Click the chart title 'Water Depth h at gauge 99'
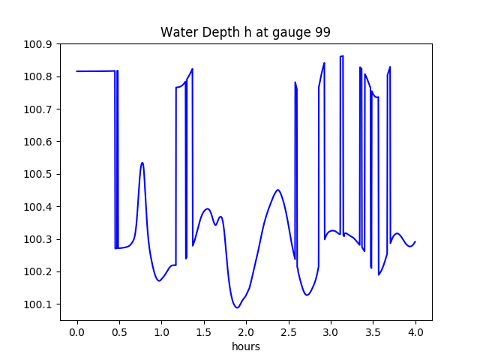pyautogui.click(x=245, y=33)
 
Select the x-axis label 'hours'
pyautogui.click(x=246, y=347)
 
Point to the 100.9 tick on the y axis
pyautogui.click(x=38, y=44)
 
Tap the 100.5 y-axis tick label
pyautogui.click(x=38, y=175)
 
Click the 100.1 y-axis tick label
pyautogui.click(x=38, y=304)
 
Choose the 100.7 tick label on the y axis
pyautogui.click(x=38, y=109)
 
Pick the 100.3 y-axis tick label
pyautogui.click(x=38, y=239)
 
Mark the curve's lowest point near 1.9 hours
pyautogui.click(x=237, y=307)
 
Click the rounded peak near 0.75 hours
pyautogui.click(x=142, y=163)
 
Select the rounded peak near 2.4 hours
pyautogui.click(x=277, y=190)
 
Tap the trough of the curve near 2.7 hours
pyautogui.click(x=307, y=295)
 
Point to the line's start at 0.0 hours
pyautogui.click(x=77, y=71)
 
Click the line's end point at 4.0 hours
pyautogui.click(x=415, y=241)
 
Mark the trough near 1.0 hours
pyautogui.click(x=159, y=280)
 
